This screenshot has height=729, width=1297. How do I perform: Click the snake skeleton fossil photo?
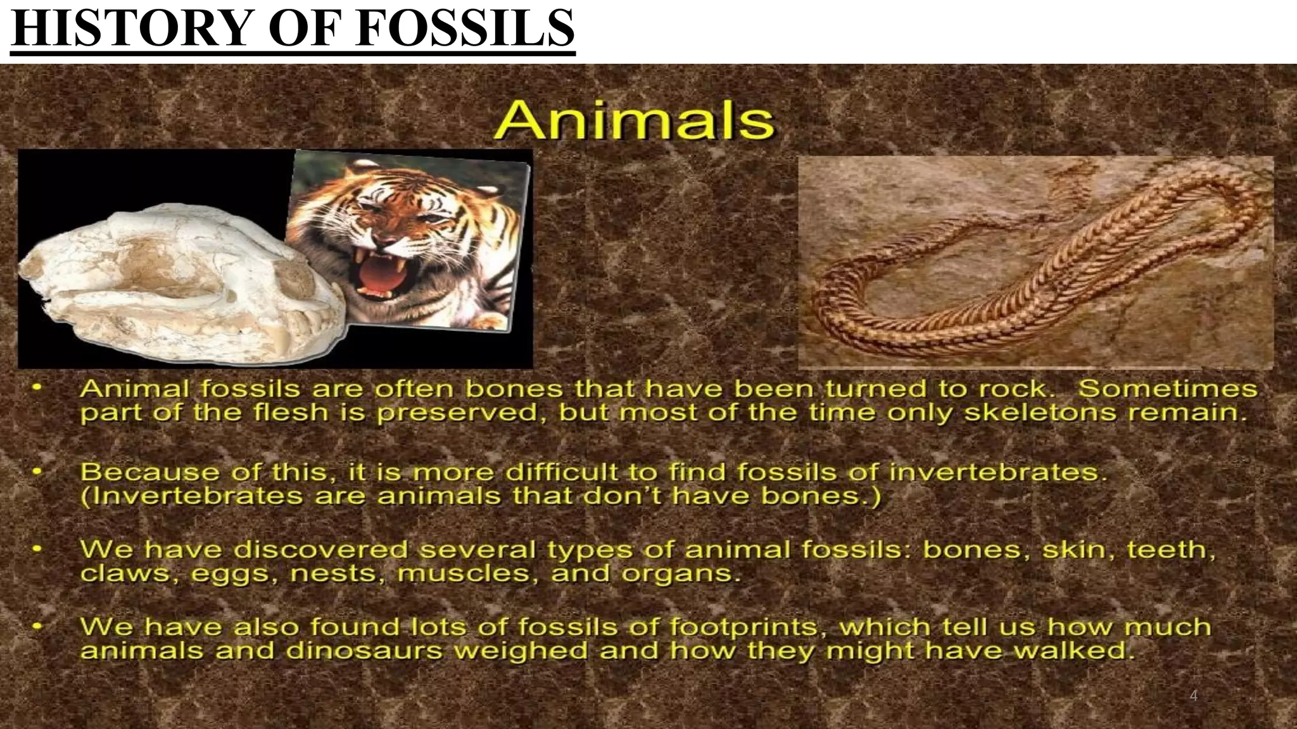point(1035,262)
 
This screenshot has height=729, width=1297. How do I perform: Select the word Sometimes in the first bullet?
point(1167,389)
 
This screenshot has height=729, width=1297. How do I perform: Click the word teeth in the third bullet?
point(1170,549)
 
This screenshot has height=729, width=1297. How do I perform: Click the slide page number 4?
point(1194,695)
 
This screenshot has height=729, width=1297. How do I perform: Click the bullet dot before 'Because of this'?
point(39,471)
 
